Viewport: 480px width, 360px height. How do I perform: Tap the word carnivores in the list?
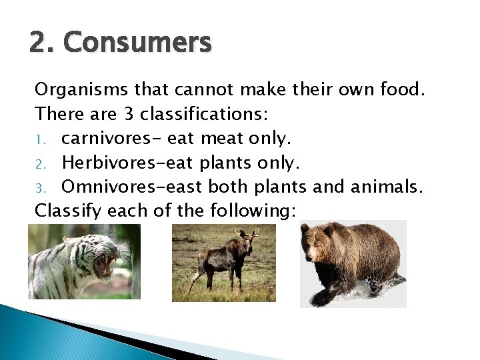[108, 138]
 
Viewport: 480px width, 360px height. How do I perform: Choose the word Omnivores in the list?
[113, 186]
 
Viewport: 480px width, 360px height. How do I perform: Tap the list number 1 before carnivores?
[40, 139]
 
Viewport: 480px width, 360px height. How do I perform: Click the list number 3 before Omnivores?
[40, 187]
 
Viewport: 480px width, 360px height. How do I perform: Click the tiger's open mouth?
[105, 265]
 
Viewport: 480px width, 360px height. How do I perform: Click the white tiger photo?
[84, 261]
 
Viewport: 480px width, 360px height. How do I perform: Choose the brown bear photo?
[353, 263]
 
